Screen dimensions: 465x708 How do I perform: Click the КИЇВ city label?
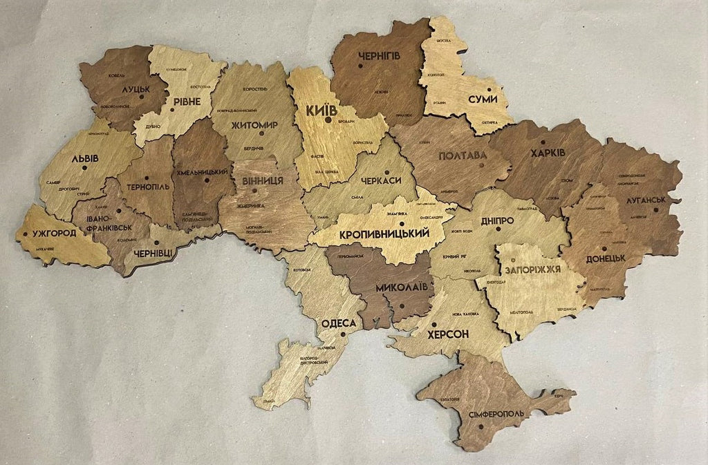coord(322,110)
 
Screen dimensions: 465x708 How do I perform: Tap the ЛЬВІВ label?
coord(84,158)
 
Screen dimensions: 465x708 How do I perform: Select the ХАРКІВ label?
coord(548,152)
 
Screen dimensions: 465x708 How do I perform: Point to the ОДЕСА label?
coord(339,323)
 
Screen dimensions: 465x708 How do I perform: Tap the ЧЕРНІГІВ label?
coord(378,55)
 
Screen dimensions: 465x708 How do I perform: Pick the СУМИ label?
coord(482,99)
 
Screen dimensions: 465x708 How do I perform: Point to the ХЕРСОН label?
coord(448,334)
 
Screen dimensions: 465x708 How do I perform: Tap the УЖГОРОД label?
coord(54,233)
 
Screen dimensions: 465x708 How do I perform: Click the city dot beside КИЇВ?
coord(328,120)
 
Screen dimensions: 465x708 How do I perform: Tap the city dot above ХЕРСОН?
coord(434,323)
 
